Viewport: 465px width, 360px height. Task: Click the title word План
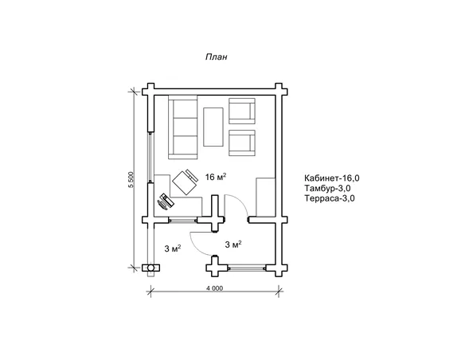(217, 57)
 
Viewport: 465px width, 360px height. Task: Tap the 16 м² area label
(216, 177)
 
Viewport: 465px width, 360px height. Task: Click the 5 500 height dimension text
(131, 180)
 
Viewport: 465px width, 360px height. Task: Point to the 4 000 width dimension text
(213, 288)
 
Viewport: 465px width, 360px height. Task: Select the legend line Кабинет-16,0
(332, 178)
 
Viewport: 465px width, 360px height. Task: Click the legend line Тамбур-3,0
(327, 188)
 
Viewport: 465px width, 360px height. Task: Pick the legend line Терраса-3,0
(329, 198)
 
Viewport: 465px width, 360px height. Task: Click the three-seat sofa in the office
(183, 127)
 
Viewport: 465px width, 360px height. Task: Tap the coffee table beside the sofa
(213, 127)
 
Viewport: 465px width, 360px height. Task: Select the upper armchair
(242, 111)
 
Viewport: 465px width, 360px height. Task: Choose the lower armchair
(242, 143)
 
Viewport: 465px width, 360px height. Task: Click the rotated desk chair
(186, 182)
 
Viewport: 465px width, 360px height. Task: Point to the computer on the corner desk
(166, 202)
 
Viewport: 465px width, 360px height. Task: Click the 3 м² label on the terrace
(173, 248)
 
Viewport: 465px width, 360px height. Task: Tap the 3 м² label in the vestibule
(233, 245)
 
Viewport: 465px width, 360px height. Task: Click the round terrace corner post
(151, 268)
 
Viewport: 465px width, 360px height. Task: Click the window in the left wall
(150, 157)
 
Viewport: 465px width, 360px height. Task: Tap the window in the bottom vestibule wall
(248, 268)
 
